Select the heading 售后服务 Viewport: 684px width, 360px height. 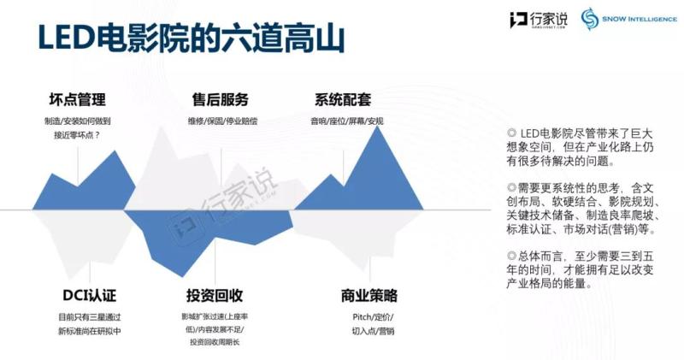coord(221,100)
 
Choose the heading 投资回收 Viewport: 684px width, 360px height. coord(215,297)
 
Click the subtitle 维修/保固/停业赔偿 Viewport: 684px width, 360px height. coord(222,121)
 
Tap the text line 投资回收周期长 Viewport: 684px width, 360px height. coord(215,343)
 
